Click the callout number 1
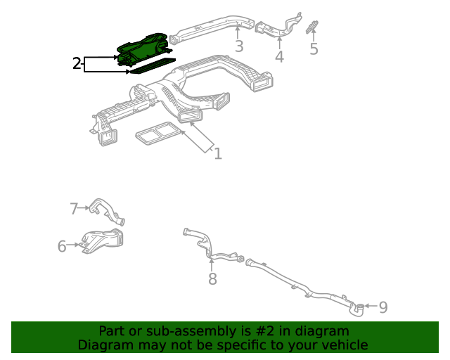pyautogui.click(x=218, y=153)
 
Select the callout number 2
pyautogui.click(x=77, y=64)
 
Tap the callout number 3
pyautogui.click(x=239, y=46)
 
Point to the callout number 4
pyautogui.click(x=279, y=56)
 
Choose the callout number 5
pyautogui.click(x=314, y=49)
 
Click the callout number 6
pyautogui.click(x=62, y=245)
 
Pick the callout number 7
pyautogui.click(x=74, y=208)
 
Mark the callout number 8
pyautogui.click(x=212, y=279)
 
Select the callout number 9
pyautogui.click(x=383, y=307)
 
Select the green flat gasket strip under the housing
pyautogui.click(x=151, y=67)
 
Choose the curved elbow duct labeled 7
pyautogui.click(x=105, y=210)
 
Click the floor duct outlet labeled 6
pyautogui.click(x=102, y=241)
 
